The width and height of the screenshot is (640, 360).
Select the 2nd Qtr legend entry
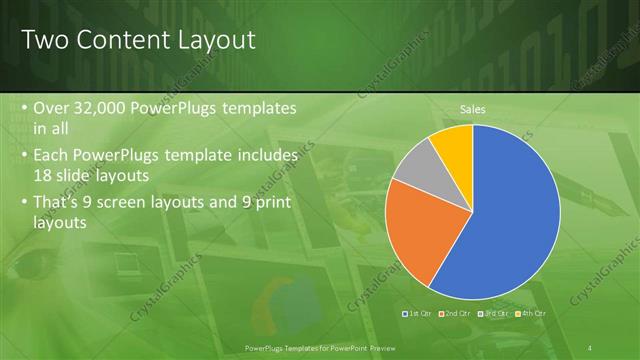point(456,314)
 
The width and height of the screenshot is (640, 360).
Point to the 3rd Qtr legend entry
point(494,314)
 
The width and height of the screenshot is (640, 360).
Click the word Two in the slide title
point(45,40)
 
